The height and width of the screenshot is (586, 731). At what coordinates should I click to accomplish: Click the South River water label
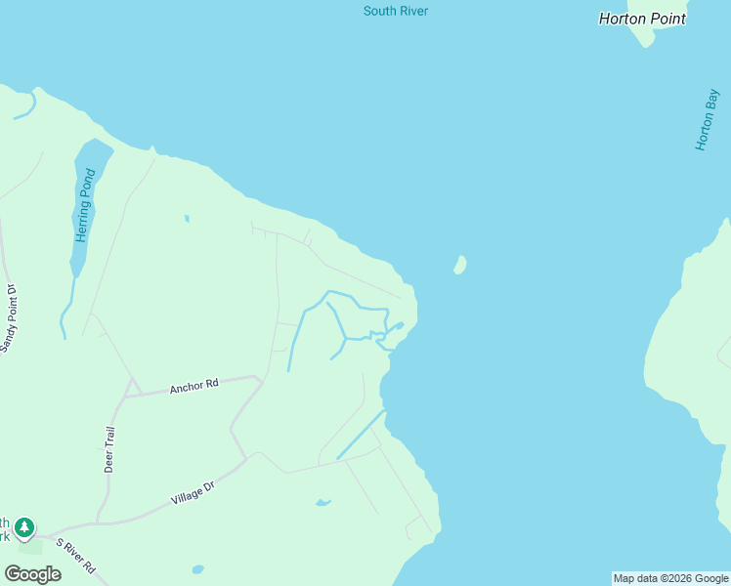396,12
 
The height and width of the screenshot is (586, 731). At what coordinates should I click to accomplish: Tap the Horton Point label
642,19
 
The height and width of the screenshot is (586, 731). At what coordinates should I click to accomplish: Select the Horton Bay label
708,119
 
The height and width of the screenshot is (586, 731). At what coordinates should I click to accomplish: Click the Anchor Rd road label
193,387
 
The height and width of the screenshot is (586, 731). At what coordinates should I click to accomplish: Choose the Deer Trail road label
110,449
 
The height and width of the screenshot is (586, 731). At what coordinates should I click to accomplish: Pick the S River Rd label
75,555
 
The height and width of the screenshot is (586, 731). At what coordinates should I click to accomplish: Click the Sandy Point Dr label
10,318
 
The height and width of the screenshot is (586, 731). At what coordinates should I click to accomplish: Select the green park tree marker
24,527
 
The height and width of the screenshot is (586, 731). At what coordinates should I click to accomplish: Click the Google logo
32,573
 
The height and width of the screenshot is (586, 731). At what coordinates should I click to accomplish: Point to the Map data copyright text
670,578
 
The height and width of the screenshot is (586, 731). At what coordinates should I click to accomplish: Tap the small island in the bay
459,265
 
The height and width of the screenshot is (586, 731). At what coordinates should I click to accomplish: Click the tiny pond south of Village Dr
322,504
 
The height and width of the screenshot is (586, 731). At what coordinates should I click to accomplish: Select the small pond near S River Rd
198,568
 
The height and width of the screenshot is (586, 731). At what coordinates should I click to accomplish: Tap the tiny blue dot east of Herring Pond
187,219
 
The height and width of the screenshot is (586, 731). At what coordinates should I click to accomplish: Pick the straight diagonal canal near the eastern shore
361,434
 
